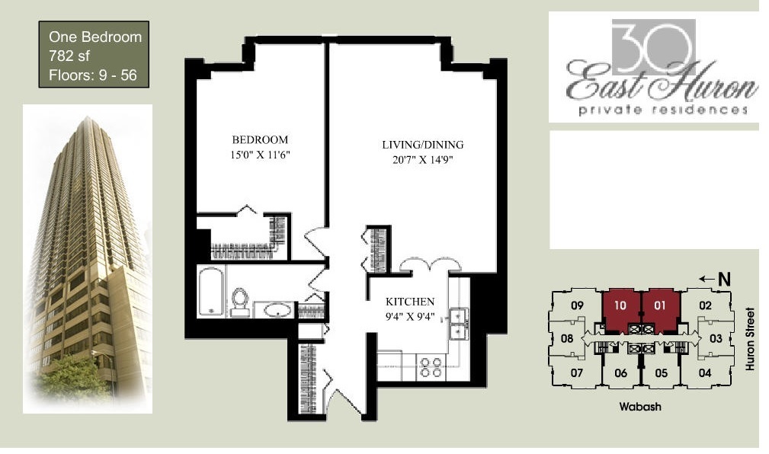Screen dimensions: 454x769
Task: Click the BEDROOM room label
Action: (260, 139)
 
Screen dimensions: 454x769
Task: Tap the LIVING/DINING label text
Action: (422, 145)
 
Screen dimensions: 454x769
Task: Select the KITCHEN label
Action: (409, 302)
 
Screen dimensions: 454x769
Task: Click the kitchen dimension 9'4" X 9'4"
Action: (409, 316)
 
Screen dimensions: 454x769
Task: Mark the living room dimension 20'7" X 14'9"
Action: (422, 161)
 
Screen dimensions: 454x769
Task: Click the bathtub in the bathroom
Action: (210, 290)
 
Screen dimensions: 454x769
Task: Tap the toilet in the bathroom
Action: (241, 301)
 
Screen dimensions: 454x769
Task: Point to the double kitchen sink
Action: (459, 324)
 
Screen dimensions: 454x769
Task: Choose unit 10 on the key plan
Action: (620, 306)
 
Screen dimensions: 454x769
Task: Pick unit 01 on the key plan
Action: (659, 306)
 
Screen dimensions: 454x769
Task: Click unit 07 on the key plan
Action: (575, 372)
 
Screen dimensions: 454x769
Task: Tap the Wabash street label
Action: (639, 407)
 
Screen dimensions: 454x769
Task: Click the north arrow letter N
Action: (724, 280)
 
